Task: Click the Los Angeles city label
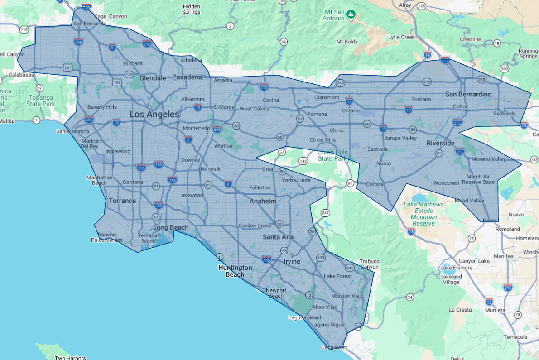pyautogui.click(x=154, y=115)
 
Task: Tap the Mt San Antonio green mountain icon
pyautogui.click(x=350, y=14)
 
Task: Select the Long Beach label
pyautogui.click(x=171, y=227)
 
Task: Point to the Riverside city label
pyautogui.click(x=440, y=143)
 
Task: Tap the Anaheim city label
pyautogui.click(x=263, y=201)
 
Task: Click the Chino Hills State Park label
pyautogui.click(x=332, y=155)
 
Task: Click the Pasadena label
pyautogui.click(x=187, y=77)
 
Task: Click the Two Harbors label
pyautogui.click(x=70, y=358)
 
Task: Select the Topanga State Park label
pyautogui.click(x=40, y=101)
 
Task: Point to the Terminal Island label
pyautogui.click(x=149, y=238)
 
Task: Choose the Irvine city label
pyautogui.click(x=292, y=262)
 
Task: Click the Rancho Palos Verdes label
pyautogui.click(x=107, y=237)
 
